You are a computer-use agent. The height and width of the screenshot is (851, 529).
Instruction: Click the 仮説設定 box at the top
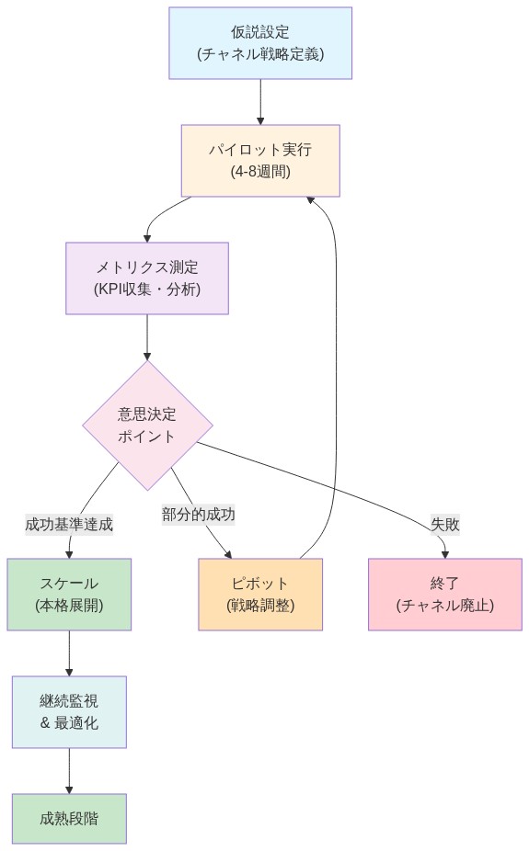260,43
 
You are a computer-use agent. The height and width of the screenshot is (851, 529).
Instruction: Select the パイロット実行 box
260,160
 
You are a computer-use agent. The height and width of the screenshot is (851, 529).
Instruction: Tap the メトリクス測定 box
147,278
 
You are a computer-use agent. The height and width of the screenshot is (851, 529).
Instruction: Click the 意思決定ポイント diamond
147,425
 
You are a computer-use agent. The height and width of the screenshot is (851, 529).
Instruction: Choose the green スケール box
69,594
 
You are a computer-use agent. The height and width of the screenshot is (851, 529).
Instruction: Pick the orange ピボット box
260,594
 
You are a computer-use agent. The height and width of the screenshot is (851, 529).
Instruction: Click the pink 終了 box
445,594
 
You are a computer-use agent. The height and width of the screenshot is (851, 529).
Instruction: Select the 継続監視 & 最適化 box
69,711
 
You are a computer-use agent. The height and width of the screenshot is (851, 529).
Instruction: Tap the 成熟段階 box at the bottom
69,818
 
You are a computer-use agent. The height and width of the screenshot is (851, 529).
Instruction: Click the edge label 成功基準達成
69,525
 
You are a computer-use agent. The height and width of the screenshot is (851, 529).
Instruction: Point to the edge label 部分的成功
199,515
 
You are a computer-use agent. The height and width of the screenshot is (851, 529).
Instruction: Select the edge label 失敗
445,525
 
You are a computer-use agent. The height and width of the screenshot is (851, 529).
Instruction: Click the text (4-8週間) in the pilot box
260,171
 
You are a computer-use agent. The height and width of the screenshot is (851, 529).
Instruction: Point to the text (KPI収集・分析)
147,289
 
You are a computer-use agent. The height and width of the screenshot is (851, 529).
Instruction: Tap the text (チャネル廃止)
445,606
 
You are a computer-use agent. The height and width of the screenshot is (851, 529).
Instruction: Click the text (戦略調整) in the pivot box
260,606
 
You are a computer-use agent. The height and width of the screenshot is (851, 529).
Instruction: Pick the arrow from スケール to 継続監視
69,652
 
